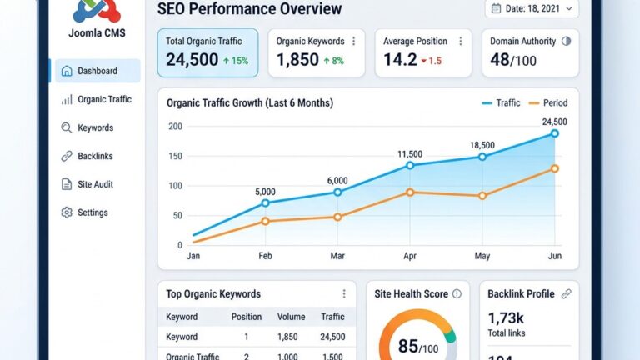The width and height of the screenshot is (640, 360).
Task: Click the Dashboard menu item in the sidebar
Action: pyautogui.click(x=97, y=71)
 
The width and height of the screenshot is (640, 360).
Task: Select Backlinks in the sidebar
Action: pyautogui.click(x=95, y=156)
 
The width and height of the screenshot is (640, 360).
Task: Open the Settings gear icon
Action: pyautogui.click(x=67, y=212)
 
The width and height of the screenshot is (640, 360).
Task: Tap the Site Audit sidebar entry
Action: pyautogui.click(x=95, y=184)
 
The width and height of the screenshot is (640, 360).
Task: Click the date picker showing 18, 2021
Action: pyautogui.click(x=531, y=8)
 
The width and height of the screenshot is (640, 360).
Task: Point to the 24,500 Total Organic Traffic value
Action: pyautogui.click(x=192, y=60)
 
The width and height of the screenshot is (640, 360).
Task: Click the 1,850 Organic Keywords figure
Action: pyautogui.click(x=297, y=60)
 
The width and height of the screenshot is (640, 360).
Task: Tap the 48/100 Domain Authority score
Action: pyautogui.click(x=512, y=60)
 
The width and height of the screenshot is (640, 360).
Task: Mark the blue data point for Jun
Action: pyautogui.click(x=554, y=133)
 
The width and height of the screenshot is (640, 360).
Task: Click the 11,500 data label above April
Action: pyautogui.click(x=410, y=154)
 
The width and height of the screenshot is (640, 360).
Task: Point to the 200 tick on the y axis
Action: pyautogui.click(x=174, y=127)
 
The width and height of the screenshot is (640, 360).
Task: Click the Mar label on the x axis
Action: pyautogui.click(x=337, y=257)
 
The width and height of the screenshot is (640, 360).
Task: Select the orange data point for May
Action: pyautogui.click(x=482, y=196)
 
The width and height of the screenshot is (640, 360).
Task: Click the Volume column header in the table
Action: pyautogui.click(x=290, y=317)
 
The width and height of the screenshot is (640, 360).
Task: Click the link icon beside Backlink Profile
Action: pyautogui.click(x=567, y=293)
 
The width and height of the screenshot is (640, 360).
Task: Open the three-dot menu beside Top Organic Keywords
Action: pyautogui.click(x=344, y=294)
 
